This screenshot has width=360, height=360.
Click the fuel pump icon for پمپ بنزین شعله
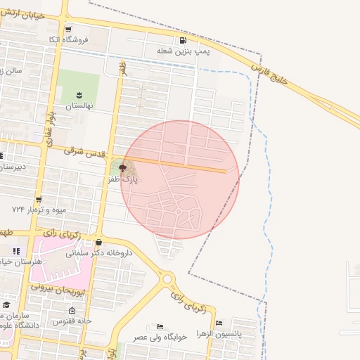pos(183,41)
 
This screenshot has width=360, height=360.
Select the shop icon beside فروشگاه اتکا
pos(68,30)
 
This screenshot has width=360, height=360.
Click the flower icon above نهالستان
pos(79,95)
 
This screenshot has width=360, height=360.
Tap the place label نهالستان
pos(79,106)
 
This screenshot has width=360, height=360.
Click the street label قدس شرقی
pos(84,150)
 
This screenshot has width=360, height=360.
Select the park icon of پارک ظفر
pos(123,168)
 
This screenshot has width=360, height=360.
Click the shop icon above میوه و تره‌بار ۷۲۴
pos(38,200)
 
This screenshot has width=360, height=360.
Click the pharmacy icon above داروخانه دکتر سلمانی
pos(108,243)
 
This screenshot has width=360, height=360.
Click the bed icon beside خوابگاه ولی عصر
pos(160,326)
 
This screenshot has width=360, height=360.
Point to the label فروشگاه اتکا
pos(88,39)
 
